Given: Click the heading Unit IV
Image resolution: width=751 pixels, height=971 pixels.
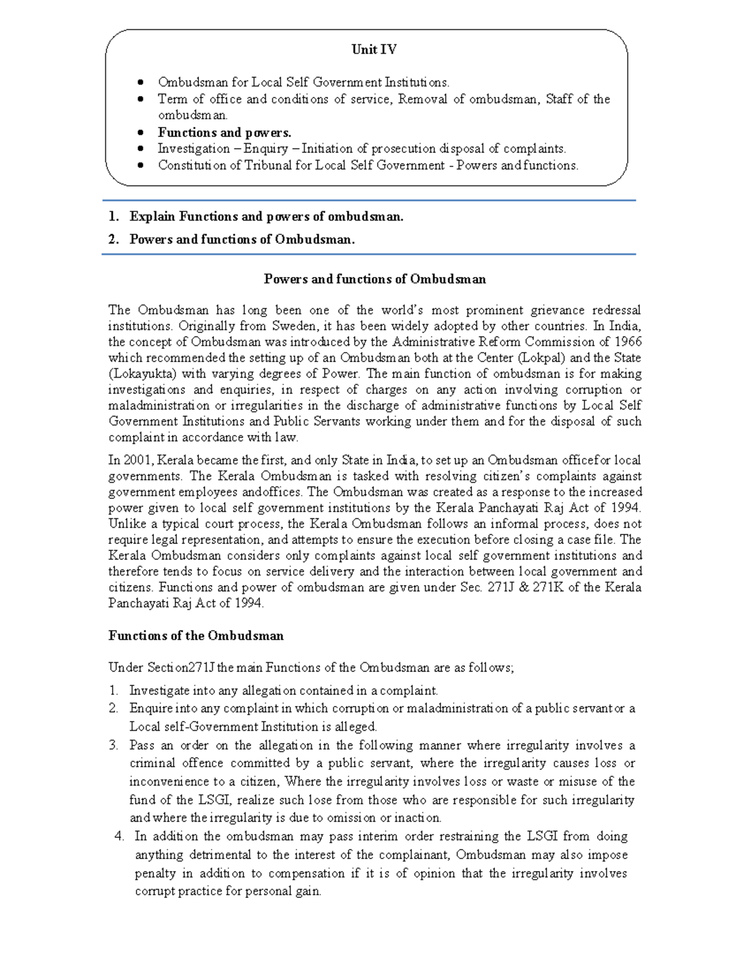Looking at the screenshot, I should pyautogui.click(x=374, y=50).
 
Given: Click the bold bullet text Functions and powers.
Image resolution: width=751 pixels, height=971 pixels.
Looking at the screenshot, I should pyautogui.click(x=224, y=133).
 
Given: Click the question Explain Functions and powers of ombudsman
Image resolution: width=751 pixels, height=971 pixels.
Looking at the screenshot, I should pyautogui.click(x=266, y=217).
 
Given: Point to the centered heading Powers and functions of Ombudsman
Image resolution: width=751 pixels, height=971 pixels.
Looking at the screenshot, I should pyautogui.click(x=374, y=279).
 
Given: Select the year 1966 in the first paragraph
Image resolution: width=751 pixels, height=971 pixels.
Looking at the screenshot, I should pyautogui.click(x=628, y=342).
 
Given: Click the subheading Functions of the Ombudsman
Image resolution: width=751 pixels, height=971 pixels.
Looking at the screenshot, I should pyautogui.click(x=196, y=636).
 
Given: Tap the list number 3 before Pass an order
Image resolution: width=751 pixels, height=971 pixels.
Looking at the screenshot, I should pyautogui.click(x=113, y=745).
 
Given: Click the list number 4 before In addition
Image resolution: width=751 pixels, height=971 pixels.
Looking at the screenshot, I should pyautogui.click(x=120, y=837).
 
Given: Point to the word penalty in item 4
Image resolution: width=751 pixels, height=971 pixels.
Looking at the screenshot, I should pyautogui.click(x=155, y=873).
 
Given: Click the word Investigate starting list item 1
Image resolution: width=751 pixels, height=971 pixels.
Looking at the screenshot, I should pyautogui.click(x=159, y=691).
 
